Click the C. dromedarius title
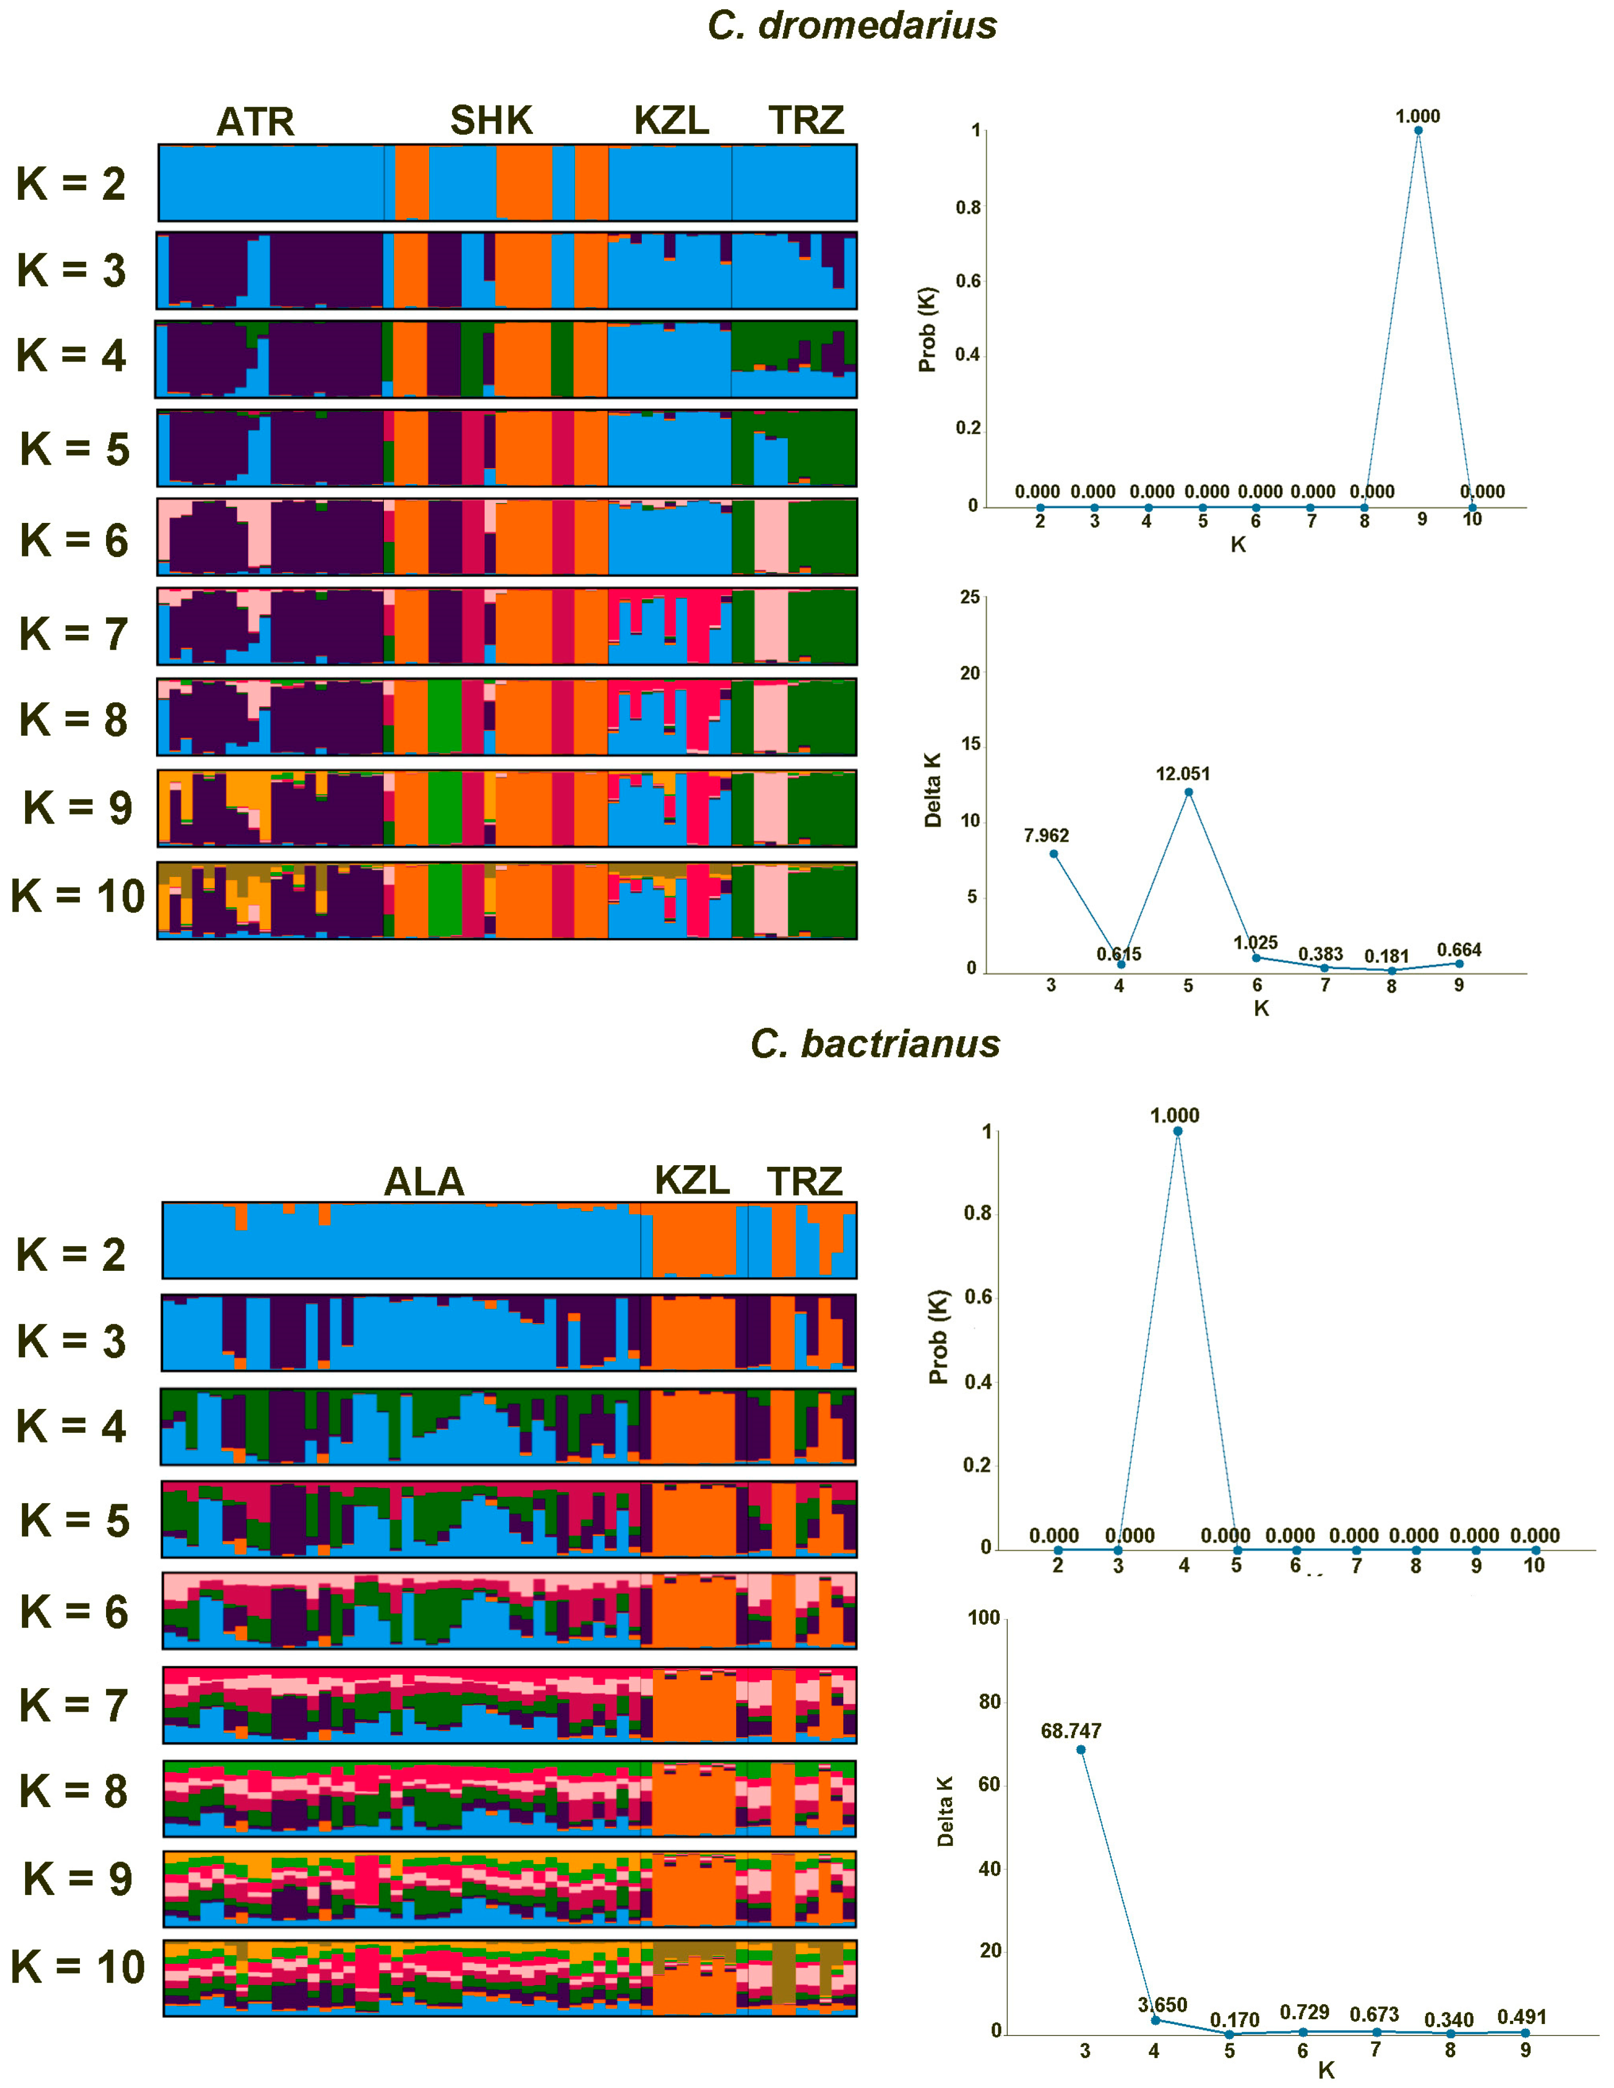tap(852, 26)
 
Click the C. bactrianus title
tap(875, 1044)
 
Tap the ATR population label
tap(255, 122)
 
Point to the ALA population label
tap(424, 1182)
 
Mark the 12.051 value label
tap(1183, 773)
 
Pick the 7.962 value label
tap(1046, 836)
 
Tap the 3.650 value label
tap(1162, 2005)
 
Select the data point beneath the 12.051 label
tap(1189, 792)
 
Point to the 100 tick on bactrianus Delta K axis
tap(984, 1618)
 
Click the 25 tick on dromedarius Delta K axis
tap(970, 598)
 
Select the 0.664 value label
tap(1458, 949)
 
